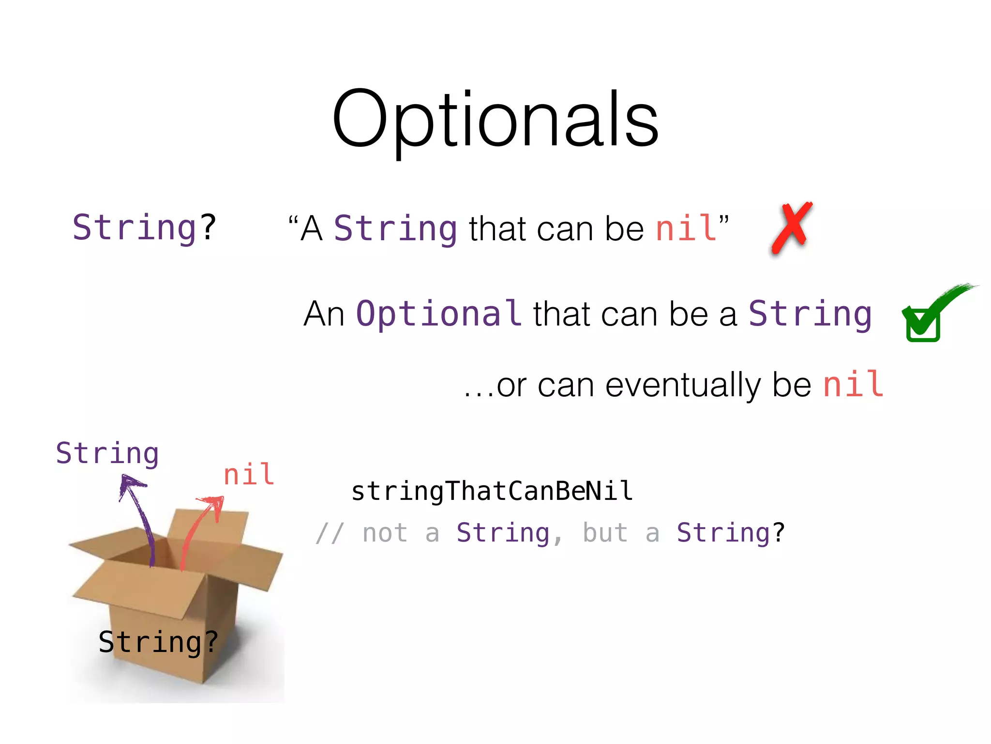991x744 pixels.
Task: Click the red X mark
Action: pos(792,227)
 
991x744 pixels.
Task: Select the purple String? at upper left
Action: pos(144,227)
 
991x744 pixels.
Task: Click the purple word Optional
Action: pos(438,313)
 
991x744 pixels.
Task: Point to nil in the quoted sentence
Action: pos(686,228)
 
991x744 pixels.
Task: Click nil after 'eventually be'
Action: pos(854,385)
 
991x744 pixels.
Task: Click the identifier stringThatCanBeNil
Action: pos(492,491)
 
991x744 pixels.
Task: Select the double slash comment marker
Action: pos(330,533)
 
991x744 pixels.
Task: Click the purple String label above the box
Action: pos(107,453)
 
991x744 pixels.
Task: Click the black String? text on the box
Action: pos(158,642)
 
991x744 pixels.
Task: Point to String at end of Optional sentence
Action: pos(810,314)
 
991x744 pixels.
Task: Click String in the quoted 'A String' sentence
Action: pos(395,228)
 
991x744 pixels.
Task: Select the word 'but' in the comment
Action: pos(605,533)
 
